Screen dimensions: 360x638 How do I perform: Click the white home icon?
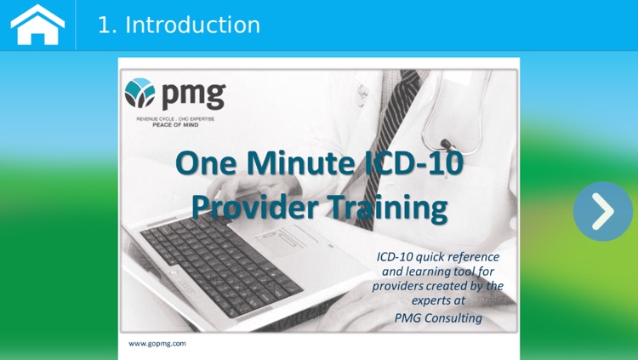[37, 25]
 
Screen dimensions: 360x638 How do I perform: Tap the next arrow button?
[602, 211]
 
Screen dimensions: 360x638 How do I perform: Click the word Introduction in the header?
[192, 26]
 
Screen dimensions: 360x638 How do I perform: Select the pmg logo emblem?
[140, 93]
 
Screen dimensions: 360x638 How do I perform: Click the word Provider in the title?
[248, 206]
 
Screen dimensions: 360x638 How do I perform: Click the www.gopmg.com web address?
[157, 344]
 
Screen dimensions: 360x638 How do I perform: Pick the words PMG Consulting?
[438, 318]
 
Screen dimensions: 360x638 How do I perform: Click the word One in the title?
[204, 163]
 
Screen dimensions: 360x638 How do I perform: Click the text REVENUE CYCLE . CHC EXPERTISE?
[175, 119]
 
